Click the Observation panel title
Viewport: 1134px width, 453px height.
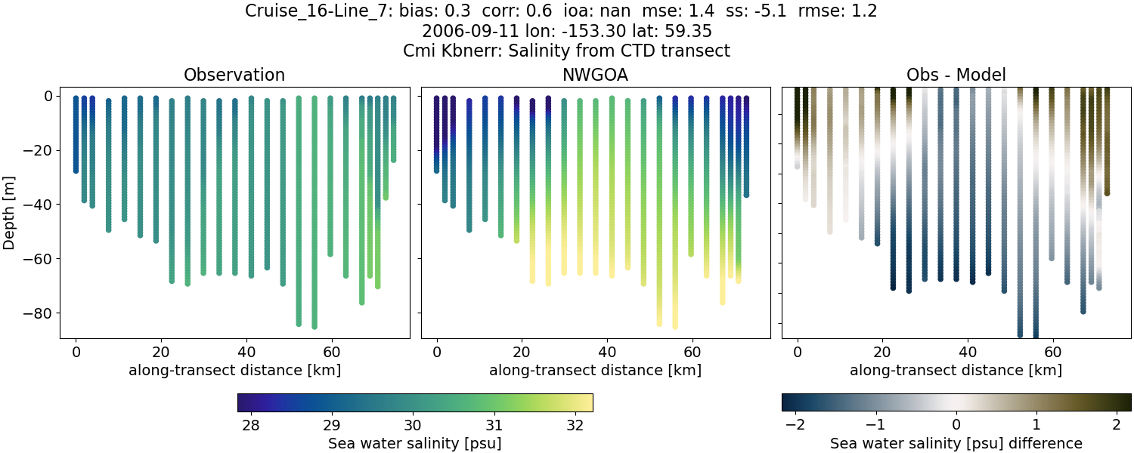click(234, 75)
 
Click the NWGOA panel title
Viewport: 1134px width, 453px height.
click(595, 75)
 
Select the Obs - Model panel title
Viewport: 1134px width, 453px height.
click(956, 75)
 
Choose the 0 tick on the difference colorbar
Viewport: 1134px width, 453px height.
click(956, 424)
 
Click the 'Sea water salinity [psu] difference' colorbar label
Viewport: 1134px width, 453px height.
click(956, 443)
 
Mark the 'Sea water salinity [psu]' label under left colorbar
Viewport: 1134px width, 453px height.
click(414, 443)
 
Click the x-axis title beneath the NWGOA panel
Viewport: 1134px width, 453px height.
click(595, 370)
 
